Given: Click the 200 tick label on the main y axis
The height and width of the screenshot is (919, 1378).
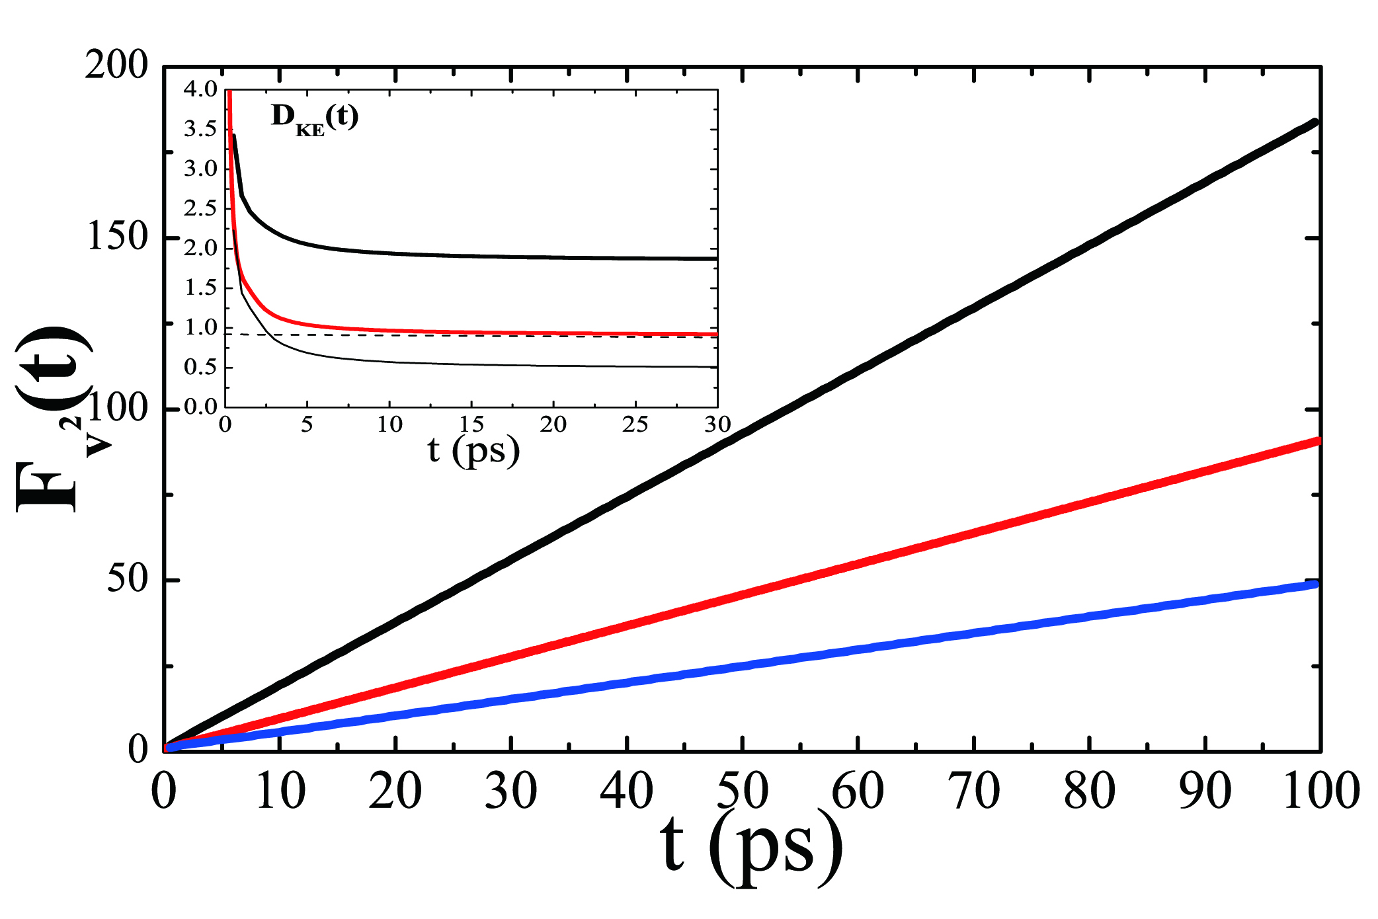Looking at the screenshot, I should pyautogui.click(x=116, y=66).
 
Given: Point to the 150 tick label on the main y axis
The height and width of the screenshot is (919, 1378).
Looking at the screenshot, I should pyautogui.click(x=117, y=237).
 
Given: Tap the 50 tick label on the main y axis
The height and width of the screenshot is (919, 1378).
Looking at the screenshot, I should pyautogui.click(x=127, y=579).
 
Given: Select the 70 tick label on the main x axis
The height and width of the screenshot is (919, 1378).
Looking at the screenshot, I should pyautogui.click(x=973, y=791).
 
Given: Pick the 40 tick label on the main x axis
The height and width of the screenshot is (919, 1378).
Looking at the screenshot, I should pyautogui.click(x=626, y=791).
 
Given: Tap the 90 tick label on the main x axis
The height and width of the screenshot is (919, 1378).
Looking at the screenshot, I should pyautogui.click(x=1205, y=791).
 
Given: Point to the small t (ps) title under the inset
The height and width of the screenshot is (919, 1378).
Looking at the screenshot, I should pyautogui.click(x=473, y=451).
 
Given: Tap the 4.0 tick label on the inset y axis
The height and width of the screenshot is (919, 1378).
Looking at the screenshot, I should pyautogui.click(x=200, y=89).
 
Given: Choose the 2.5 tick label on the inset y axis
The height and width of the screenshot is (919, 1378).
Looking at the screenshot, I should pyautogui.click(x=200, y=209).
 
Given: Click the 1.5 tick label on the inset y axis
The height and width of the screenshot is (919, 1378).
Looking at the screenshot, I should pyautogui.click(x=200, y=288).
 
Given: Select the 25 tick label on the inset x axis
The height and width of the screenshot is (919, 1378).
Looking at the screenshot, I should pyautogui.click(x=635, y=424).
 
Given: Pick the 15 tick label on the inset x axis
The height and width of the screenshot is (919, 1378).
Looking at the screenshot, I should pyautogui.click(x=471, y=424).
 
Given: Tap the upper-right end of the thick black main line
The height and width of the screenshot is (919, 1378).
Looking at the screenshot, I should pyautogui.click(x=1315, y=122).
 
